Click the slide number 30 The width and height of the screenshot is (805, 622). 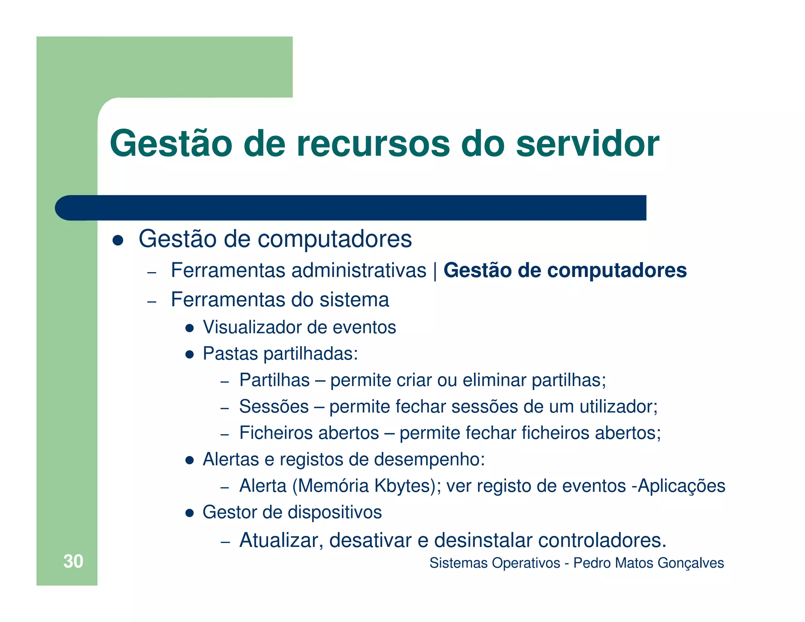click(73, 561)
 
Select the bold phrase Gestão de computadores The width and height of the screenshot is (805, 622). click(565, 271)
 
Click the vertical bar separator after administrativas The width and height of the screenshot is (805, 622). click(435, 271)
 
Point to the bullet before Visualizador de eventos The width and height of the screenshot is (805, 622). click(189, 328)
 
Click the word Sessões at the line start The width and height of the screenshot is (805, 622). click(274, 407)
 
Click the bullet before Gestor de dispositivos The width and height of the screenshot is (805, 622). click(189, 513)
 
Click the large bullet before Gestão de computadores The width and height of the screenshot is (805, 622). click(118, 240)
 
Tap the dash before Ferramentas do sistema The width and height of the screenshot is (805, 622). click(152, 302)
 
